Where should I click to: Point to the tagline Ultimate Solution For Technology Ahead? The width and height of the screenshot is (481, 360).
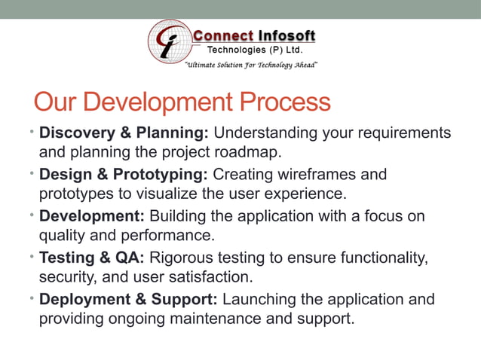click(251, 66)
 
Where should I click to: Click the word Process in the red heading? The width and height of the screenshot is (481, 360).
click(286, 102)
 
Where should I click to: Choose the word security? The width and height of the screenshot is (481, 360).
click(66, 277)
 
